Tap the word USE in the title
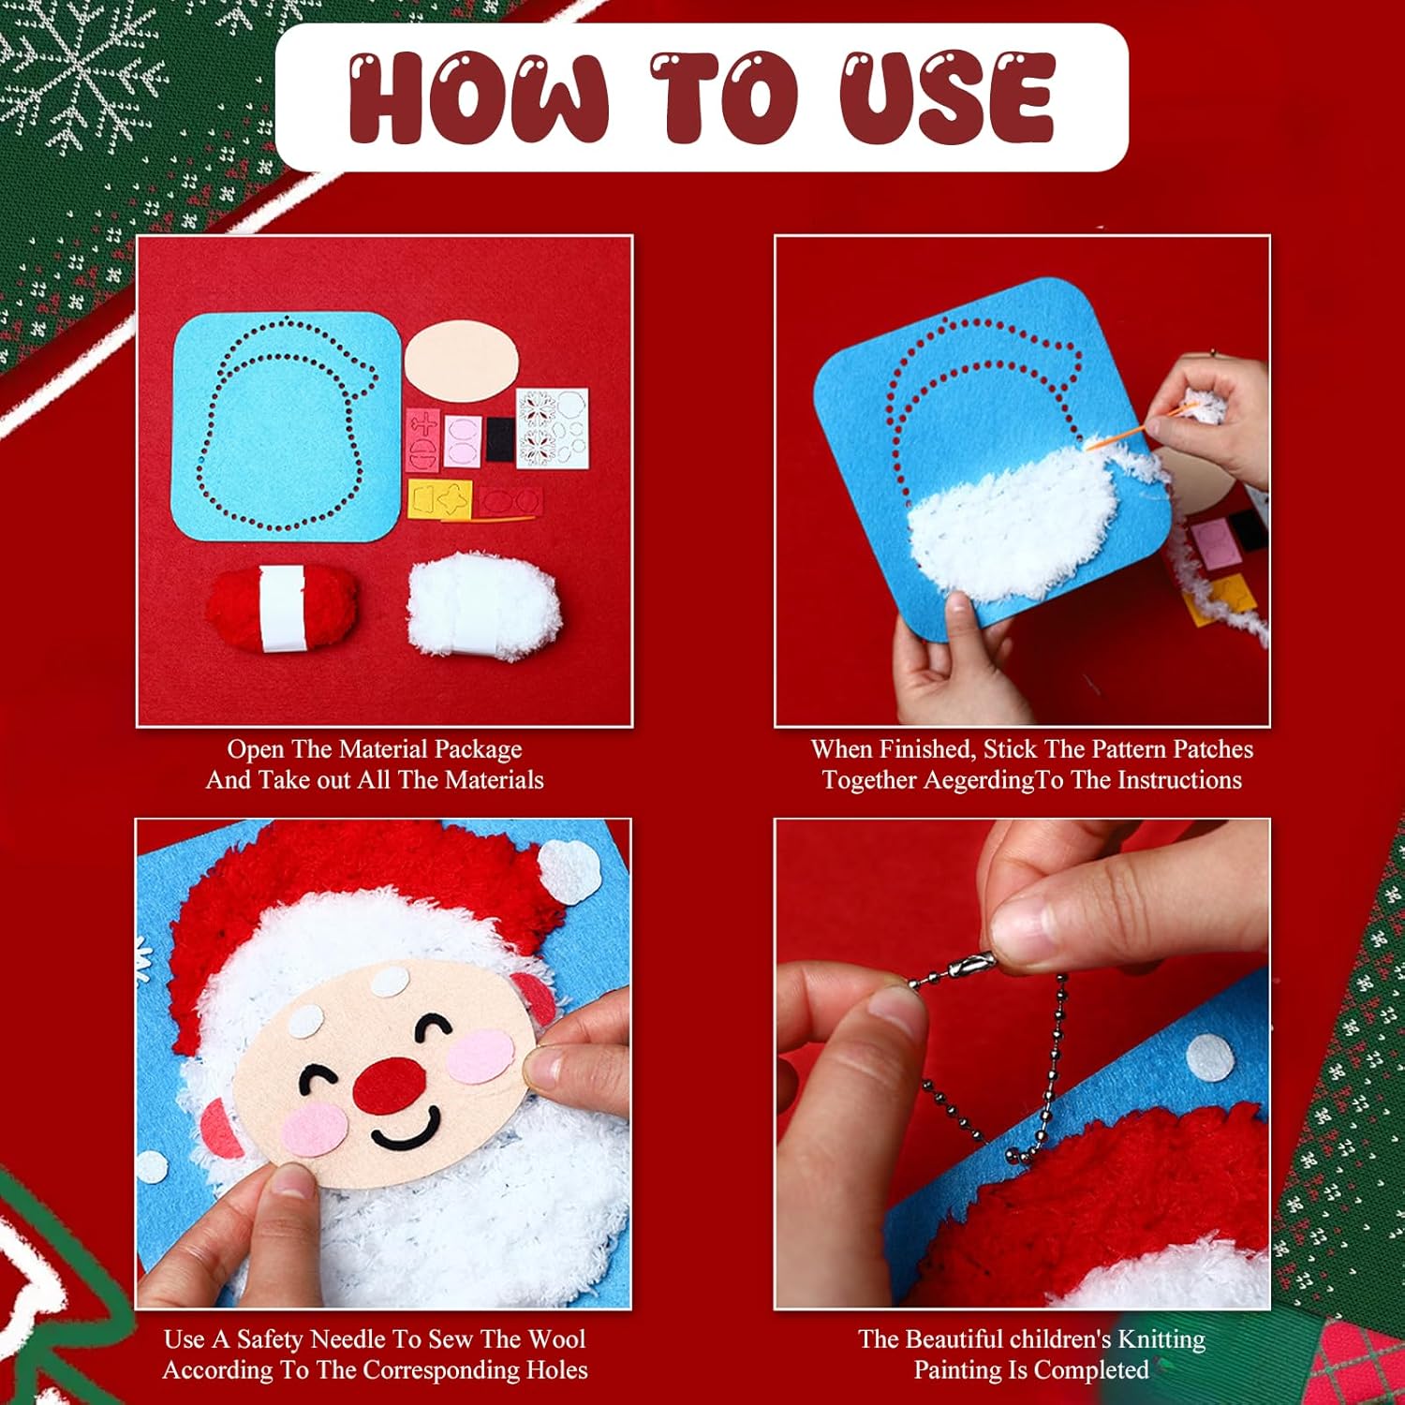(x=947, y=96)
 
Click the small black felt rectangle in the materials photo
(x=499, y=438)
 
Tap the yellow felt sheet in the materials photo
(x=440, y=498)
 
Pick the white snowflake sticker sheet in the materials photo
(x=553, y=427)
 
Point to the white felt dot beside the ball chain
(x=1211, y=1059)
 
